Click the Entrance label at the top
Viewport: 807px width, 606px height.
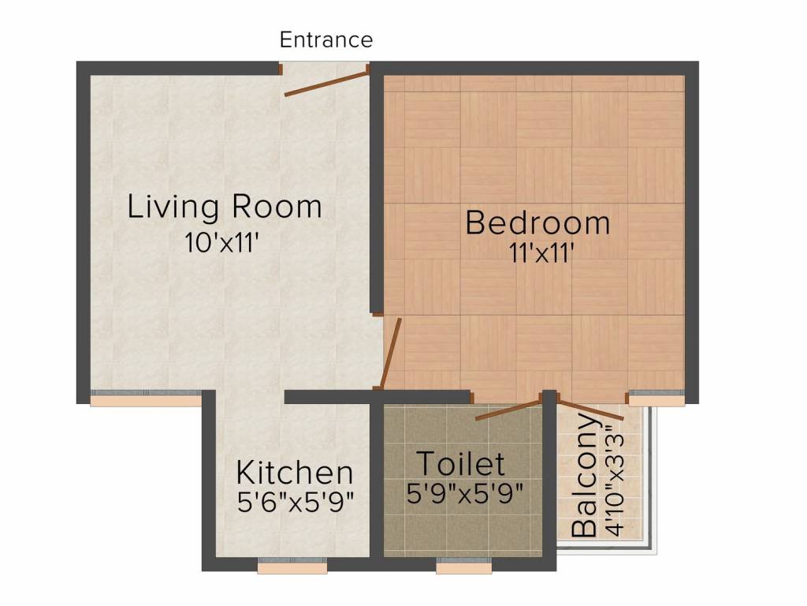[x=326, y=39]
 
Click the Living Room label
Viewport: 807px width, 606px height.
[x=225, y=207]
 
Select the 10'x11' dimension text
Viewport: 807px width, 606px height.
[x=223, y=242]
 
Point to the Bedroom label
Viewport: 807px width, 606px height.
[x=537, y=223]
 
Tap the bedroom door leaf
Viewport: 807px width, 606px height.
[x=392, y=353]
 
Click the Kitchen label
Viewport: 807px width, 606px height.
[x=295, y=473]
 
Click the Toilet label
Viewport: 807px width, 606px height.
[x=460, y=463]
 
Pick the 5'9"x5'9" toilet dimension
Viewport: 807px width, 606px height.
[x=465, y=493]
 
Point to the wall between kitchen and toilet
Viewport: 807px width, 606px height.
[x=377, y=481]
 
